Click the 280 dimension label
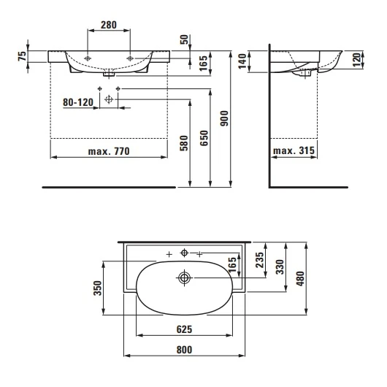pyautogui.click(x=109, y=25)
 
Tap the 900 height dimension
pyautogui.click(x=224, y=118)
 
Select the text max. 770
pyautogui.click(x=109, y=151)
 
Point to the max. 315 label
pyautogui.click(x=294, y=150)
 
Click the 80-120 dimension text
pyautogui.click(x=78, y=102)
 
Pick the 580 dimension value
pyautogui.click(x=184, y=143)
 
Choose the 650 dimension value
pyautogui.click(x=204, y=138)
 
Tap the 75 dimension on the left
pyautogui.click(x=22, y=56)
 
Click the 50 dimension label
pyautogui.click(x=184, y=39)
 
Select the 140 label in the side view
pyautogui.click(x=242, y=61)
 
